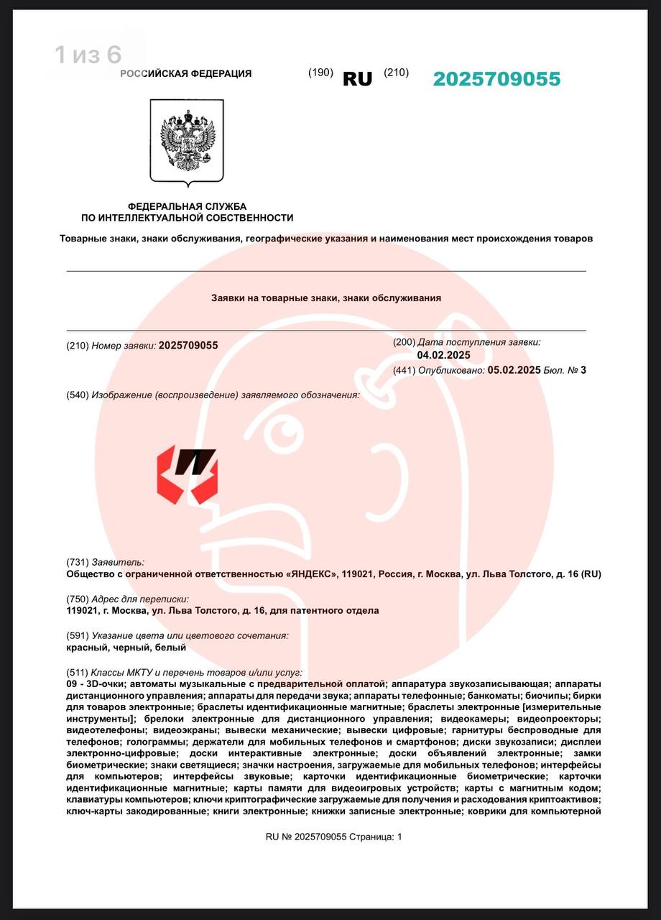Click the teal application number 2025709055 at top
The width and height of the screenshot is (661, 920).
click(x=496, y=79)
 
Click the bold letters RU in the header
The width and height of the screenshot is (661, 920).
click(x=357, y=79)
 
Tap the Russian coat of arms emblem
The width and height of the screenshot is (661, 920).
click(x=187, y=142)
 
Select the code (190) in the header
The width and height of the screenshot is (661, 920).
click(x=320, y=73)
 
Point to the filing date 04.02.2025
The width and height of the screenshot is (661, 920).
click(x=443, y=355)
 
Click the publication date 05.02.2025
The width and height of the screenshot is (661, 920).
click(x=514, y=370)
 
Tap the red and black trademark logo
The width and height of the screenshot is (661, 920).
click(x=187, y=475)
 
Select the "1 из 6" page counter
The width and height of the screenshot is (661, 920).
click(x=88, y=55)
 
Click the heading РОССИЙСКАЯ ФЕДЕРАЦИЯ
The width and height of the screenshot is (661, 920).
click(x=185, y=73)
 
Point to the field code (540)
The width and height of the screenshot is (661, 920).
click(x=77, y=395)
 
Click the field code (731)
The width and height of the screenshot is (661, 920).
click(x=77, y=562)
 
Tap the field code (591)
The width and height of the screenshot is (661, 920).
click(x=77, y=635)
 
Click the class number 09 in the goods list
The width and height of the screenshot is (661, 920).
click(x=72, y=684)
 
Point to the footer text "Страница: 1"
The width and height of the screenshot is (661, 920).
click(x=376, y=837)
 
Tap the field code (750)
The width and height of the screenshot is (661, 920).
click(x=77, y=599)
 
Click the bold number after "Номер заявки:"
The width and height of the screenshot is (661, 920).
click(x=188, y=346)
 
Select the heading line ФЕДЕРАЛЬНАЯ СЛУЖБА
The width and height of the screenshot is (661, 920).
click(x=187, y=206)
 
